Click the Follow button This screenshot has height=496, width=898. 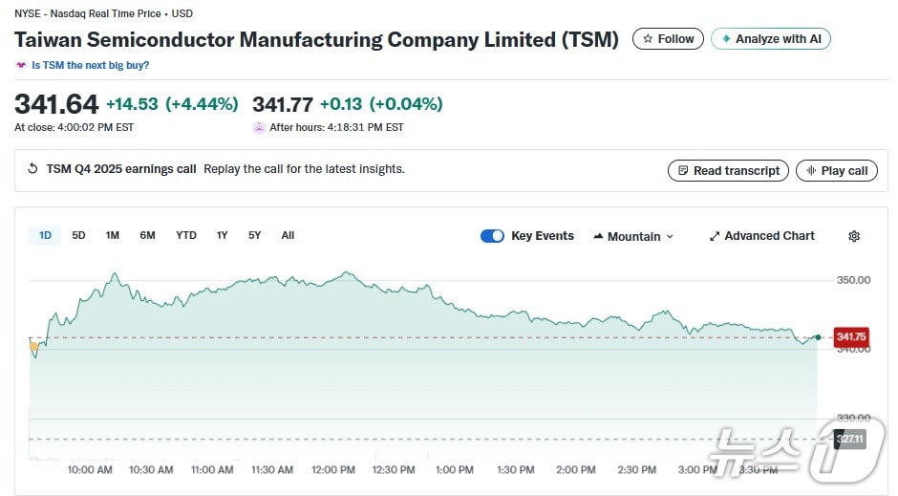(668, 39)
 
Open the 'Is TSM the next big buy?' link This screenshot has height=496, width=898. (90, 66)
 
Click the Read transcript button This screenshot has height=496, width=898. (728, 171)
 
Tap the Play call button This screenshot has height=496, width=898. (836, 171)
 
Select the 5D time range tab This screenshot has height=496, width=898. (78, 236)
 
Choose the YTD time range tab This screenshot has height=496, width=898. (185, 236)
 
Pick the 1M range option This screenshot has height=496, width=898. (112, 236)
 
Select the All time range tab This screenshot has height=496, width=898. (288, 236)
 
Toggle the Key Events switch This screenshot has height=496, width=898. (492, 236)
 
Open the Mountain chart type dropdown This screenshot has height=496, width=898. (633, 236)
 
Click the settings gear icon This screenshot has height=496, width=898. (854, 236)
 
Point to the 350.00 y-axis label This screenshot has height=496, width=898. (853, 280)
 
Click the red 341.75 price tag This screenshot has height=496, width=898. (850, 336)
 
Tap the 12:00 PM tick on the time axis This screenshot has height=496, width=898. (332, 470)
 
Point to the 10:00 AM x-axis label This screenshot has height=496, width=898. (90, 470)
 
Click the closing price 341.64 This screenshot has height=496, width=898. (56, 104)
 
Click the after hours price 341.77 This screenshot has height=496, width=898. (282, 104)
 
